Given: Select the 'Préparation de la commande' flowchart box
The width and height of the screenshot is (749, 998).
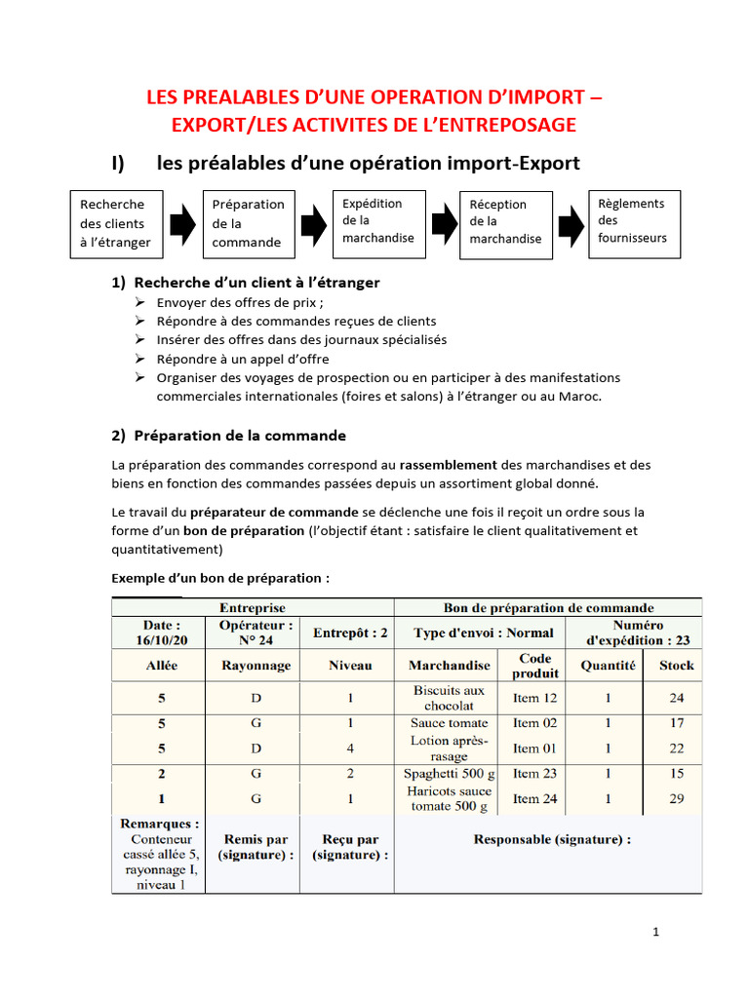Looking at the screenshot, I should (x=249, y=224).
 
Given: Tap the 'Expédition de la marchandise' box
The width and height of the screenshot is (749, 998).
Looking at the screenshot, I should (x=378, y=223).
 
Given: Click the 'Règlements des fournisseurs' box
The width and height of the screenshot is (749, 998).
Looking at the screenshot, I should (x=634, y=223).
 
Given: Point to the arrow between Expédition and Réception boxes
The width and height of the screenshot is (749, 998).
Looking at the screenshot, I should (x=444, y=224).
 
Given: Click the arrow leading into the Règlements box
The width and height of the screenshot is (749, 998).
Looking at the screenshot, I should (x=571, y=224).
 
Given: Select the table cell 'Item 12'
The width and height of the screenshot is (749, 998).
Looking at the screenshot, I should (x=535, y=698).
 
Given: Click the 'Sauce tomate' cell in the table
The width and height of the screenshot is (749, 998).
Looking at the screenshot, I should (x=449, y=723).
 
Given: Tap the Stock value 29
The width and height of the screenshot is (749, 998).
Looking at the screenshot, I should (x=677, y=798).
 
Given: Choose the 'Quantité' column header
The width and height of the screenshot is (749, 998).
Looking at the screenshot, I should (x=608, y=665).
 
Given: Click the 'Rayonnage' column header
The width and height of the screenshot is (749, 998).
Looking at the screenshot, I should (x=256, y=666).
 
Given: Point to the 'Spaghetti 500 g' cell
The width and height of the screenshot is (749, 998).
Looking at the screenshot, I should (x=449, y=774).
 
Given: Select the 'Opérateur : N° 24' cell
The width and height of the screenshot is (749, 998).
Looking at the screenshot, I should (x=256, y=633).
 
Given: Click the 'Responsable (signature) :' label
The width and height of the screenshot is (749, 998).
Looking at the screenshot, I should (x=551, y=839).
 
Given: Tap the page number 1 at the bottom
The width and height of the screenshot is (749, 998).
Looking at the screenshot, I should (x=656, y=932).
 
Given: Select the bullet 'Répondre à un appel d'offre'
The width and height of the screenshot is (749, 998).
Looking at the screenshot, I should (x=243, y=359).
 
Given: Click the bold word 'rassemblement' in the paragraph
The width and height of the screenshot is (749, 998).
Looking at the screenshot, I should (x=448, y=465).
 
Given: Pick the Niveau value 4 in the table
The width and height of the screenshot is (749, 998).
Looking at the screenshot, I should (x=349, y=748).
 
